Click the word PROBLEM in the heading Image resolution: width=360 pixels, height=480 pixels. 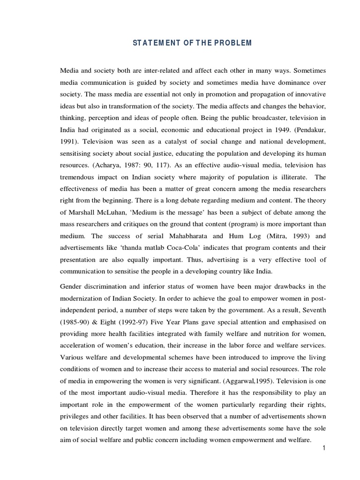[x=234, y=43]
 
